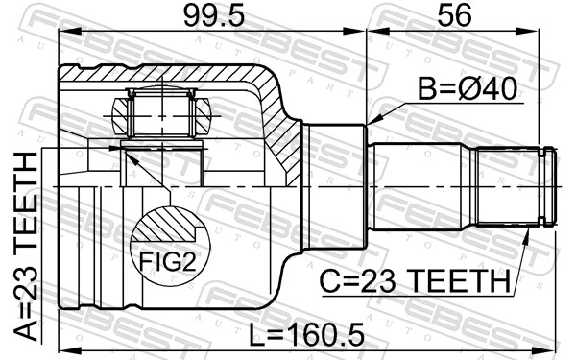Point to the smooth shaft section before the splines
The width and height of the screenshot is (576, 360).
click(422, 186)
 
